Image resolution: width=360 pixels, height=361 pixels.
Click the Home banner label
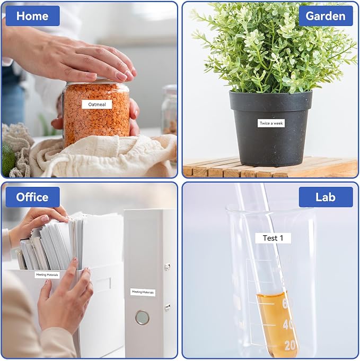pos(33,16)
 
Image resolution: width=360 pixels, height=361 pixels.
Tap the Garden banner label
pos(326,16)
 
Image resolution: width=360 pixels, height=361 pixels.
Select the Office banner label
pos(33,197)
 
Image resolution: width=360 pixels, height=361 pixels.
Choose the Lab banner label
pos(326,197)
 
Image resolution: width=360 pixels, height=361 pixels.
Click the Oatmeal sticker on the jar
pos(97,104)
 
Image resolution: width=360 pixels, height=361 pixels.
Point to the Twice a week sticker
pos(271,123)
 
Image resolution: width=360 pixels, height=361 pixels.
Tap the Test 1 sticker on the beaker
pos(273,238)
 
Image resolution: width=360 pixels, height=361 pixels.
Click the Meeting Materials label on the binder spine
pos(143,292)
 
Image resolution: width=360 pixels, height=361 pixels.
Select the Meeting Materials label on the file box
pos(47,274)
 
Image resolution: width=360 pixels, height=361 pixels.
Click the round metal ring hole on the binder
pos(142,317)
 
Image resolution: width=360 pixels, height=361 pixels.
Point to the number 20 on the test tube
pos(290,346)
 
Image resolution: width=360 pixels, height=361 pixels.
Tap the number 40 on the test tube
pos(288,324)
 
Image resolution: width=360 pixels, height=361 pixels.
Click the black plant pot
pos(271,128)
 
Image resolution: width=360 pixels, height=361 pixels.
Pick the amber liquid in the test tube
pos(276,322)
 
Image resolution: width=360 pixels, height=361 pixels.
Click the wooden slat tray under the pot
pos(270,167)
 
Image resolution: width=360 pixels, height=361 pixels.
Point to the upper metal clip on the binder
pos(168,267)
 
